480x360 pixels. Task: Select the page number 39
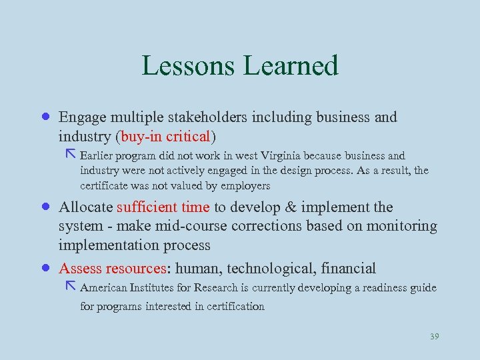point(434,337)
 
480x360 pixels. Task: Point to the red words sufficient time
point(163,207)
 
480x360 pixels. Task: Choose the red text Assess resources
point(113,269)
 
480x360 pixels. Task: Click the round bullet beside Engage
point(44,117)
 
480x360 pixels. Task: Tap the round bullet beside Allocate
point(44,207)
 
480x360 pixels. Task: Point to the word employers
point(243,186)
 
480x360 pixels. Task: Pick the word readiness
point(384,288)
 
